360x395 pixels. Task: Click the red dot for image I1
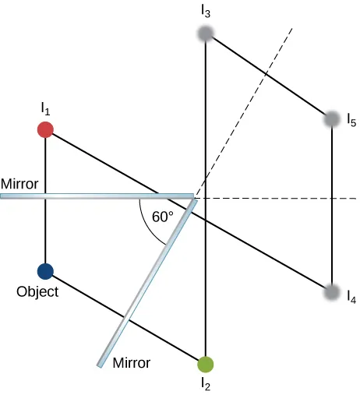[x=45, y=129]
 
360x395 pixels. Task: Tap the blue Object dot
[x=45, y=271]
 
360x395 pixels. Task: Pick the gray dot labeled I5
[x=333, y=119]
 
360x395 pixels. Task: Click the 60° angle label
[x=162, y=217]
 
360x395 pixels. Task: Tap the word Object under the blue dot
[x=37, y=293]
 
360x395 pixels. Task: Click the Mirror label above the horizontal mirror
[x=19, y=184]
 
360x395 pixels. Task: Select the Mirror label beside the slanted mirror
[x=132, y=362]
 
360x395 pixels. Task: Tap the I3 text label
[x=205, y=12]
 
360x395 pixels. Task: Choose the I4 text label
[x=351, y=298]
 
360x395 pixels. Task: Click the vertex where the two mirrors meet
[x=192, y=196]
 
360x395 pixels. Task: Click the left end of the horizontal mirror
[x=2, y=196]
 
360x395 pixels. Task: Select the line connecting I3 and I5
[x=269, y=76]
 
